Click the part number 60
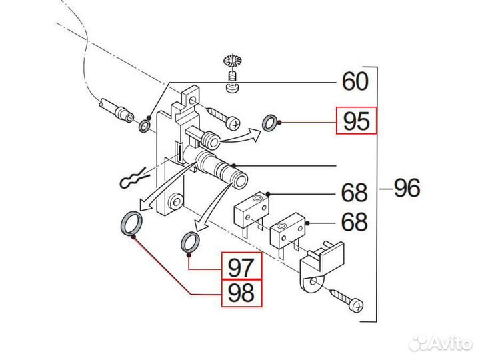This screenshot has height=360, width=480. (x=355, y=81)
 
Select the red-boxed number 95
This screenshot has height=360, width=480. (x=356, y=121)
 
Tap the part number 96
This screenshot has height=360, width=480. (x=406, y=189)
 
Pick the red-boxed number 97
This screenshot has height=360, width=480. (x=241, y=268)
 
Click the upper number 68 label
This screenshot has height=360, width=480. (x=354, y=193)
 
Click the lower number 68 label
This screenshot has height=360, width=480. (x=354, y=221)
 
